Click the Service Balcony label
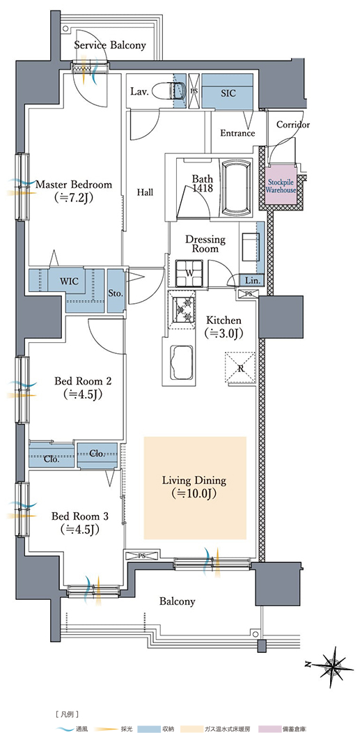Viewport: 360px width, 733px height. click(110, 45)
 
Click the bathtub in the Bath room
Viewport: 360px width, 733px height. click(236, 188)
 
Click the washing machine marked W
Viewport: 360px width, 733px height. click(189, 273)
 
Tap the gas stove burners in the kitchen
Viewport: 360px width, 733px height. click(183, 309)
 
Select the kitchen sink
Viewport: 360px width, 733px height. click(181, 362)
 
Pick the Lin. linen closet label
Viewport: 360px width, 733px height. click(251, 281)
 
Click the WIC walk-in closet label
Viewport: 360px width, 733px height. click(69, 281)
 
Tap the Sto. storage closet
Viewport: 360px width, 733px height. click(116, 291)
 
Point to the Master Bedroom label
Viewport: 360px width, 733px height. click(74, 185)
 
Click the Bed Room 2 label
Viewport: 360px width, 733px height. click(82, 381)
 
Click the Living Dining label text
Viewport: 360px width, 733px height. click(194, 480)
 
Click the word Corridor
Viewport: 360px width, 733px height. click(292, 125)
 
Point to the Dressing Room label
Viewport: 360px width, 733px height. click(205, 244)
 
